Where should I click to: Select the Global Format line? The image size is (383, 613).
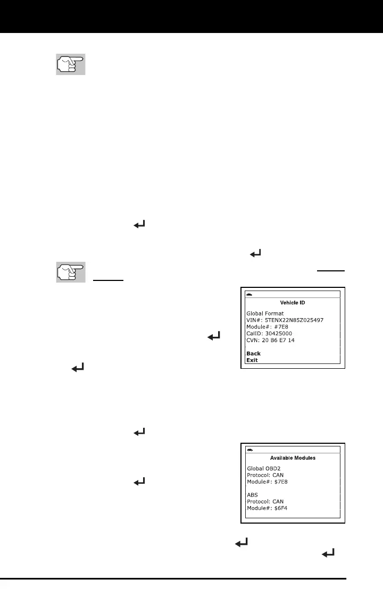pos(265,313)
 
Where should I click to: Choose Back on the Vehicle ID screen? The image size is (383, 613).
pos(253,353)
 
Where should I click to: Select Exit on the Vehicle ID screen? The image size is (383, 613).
pos(252,360)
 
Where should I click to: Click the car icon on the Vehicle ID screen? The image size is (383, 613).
pos(250,294)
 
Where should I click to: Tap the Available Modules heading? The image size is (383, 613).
pos(293,458)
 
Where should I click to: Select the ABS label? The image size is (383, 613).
pos(253,494)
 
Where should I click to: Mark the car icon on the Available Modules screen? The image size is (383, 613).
pos(250,450)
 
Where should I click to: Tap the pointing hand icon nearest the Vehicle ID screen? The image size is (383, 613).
pos(71,272)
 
